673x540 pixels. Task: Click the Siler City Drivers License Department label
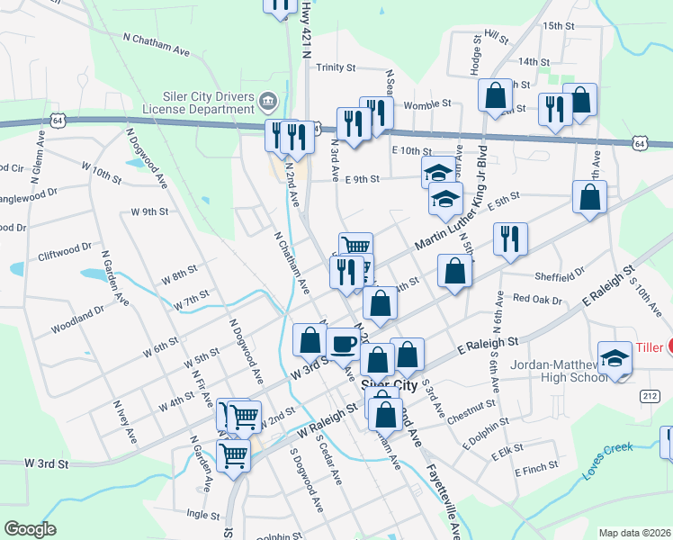pos(209,103)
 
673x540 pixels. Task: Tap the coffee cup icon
pos(344,343)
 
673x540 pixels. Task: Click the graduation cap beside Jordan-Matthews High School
pos(615,358)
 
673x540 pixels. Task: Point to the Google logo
pos(30,528)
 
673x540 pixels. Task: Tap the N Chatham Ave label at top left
pos(157,44)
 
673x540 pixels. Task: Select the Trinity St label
pos(336,67)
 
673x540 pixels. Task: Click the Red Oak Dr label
pos(537,299)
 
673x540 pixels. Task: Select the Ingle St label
pos(202,515)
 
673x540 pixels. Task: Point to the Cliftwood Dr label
pos(65,249)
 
